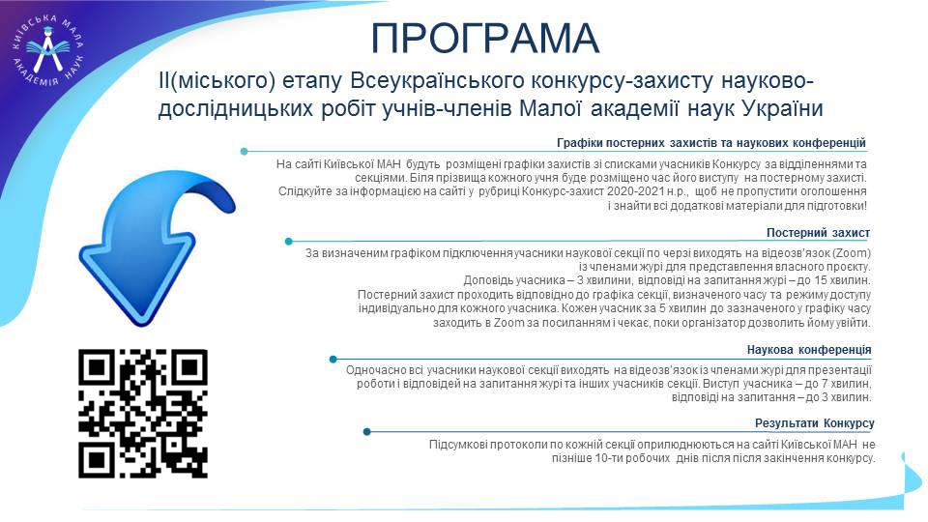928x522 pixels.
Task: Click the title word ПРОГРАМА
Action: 485,39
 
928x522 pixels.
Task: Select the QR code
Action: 143,414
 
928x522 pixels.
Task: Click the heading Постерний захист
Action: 818,233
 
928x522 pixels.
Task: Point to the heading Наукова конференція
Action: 809,350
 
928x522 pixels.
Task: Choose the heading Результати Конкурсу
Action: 814,423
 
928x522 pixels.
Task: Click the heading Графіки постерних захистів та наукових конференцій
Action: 711,143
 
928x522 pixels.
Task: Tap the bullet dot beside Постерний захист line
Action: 289,242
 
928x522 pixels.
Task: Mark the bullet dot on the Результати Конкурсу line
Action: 367,432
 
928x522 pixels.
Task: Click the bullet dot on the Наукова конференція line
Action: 333,360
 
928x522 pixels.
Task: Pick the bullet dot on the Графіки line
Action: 244,152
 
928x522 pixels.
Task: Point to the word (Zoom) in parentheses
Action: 852,253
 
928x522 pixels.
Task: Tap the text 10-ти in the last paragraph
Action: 608,458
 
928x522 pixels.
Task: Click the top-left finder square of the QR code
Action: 97,367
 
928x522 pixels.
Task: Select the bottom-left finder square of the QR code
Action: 97,459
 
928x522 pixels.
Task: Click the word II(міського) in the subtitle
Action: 217,81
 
